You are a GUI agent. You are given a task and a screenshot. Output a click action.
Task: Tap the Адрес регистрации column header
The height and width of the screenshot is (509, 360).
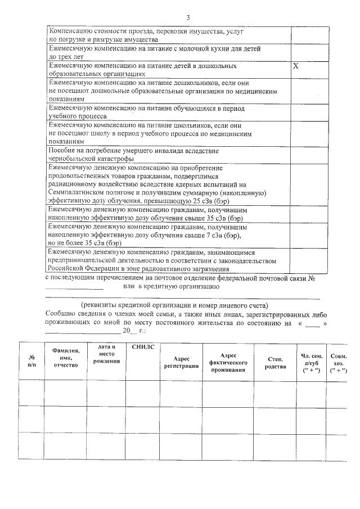pyautogui.click(x=181, y=362)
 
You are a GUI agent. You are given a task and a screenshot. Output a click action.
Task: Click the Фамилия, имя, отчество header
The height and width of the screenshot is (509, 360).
pyautogui.click(x=66, y=358)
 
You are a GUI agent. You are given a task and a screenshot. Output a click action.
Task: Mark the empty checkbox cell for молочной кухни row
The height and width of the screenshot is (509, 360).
pyautogui.click(x=304, y=52)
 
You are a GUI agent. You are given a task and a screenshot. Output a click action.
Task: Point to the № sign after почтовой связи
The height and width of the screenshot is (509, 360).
pyautogui.click(x=310, y=278)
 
